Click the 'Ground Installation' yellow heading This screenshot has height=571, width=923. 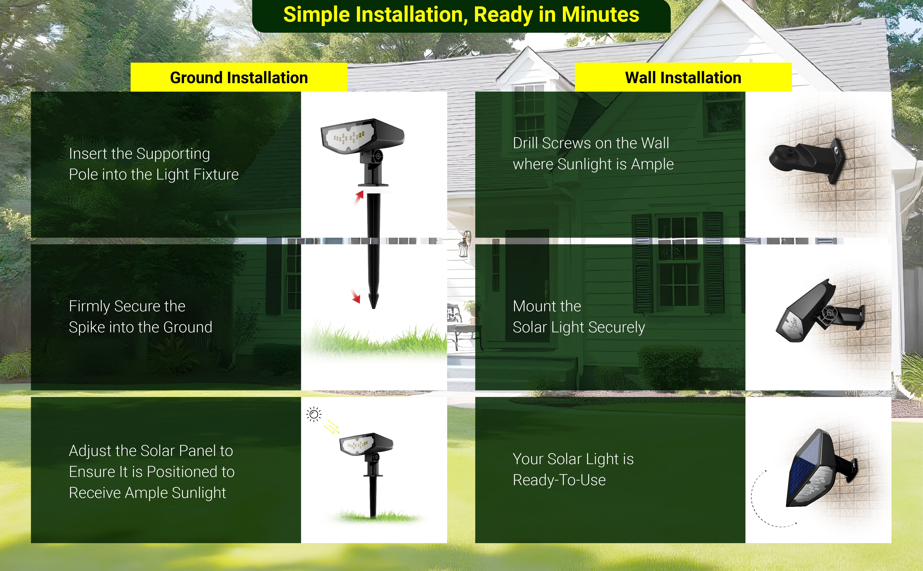(x=239, y=77)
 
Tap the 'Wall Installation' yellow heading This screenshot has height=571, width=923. (x=683, y=77)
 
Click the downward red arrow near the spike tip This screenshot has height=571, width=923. (x=356, y=296)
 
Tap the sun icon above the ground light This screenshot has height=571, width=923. (x=314, y=414)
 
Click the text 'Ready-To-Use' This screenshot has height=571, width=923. (x=559, y=480)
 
